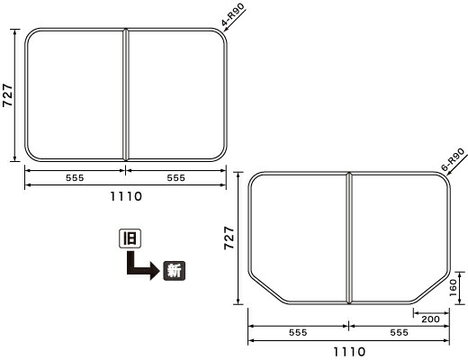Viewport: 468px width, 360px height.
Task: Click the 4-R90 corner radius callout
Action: (x=233, y=14)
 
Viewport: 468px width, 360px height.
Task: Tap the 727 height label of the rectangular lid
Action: (x=8, y=95)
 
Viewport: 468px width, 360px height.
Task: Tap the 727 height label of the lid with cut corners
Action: (x=229, y=238)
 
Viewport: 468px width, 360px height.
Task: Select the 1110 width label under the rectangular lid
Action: (x=126, y=197)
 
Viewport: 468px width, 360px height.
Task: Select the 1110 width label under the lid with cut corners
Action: (x=349, y=352)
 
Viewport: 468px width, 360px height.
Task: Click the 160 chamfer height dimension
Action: (x=453, y=287)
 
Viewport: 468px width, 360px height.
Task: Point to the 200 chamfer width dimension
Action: (x=430, y=319)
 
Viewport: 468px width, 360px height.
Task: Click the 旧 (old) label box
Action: (x=130, y=238)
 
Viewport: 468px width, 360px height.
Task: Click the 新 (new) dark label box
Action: (x=175, y=271)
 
